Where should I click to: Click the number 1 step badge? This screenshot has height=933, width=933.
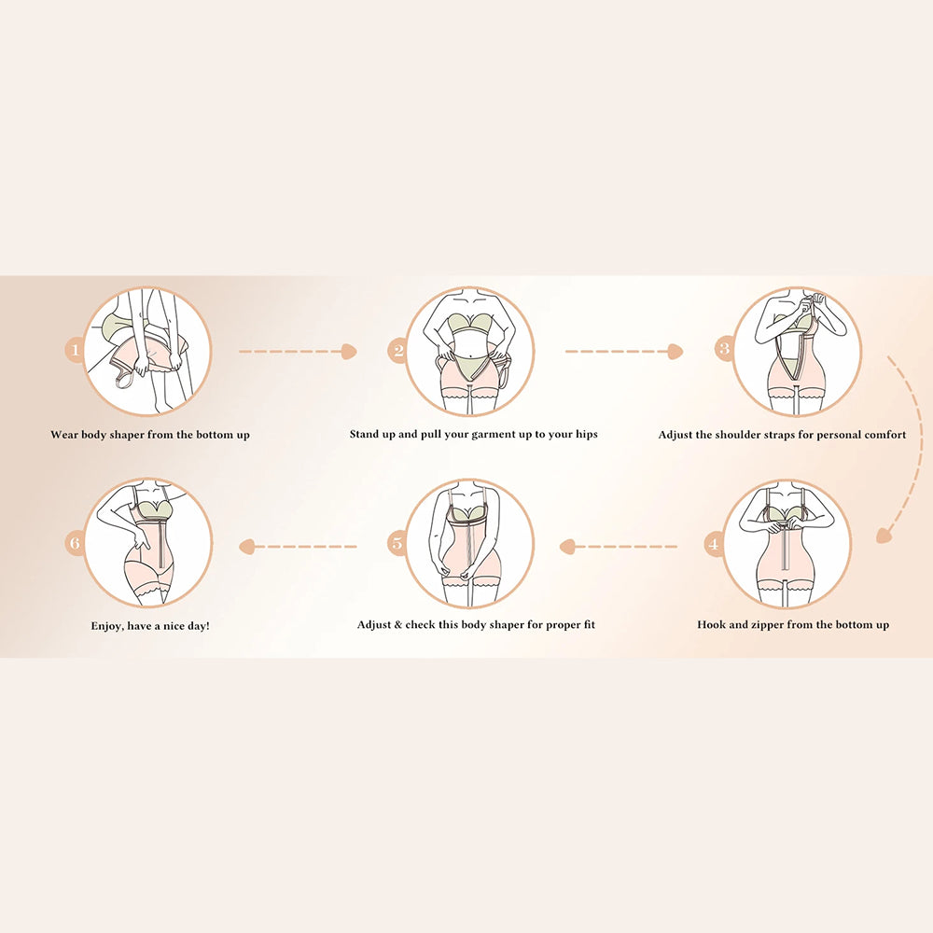click(75, 350)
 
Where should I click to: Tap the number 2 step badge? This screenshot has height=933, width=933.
click(398, 351)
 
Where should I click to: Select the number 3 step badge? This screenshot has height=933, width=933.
click(725, 348)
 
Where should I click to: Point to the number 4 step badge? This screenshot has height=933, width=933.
click(714, 544)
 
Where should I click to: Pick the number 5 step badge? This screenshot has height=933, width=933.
click(397, 543)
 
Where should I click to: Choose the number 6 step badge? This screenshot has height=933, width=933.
click(75, 543)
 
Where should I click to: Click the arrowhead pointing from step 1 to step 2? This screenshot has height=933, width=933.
click(349, 352)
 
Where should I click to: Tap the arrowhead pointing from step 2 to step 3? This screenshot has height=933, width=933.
click(675, 352)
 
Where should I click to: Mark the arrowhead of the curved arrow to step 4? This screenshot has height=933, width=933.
click(884, 536)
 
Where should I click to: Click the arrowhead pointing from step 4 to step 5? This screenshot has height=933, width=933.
click(567, 546)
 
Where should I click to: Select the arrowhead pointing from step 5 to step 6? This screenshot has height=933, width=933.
click(246, 546)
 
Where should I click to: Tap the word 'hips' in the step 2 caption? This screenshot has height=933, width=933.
click(586, 435)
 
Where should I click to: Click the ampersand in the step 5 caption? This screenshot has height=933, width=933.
click(398, 625)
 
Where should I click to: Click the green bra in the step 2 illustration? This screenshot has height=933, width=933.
click(470, 326)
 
